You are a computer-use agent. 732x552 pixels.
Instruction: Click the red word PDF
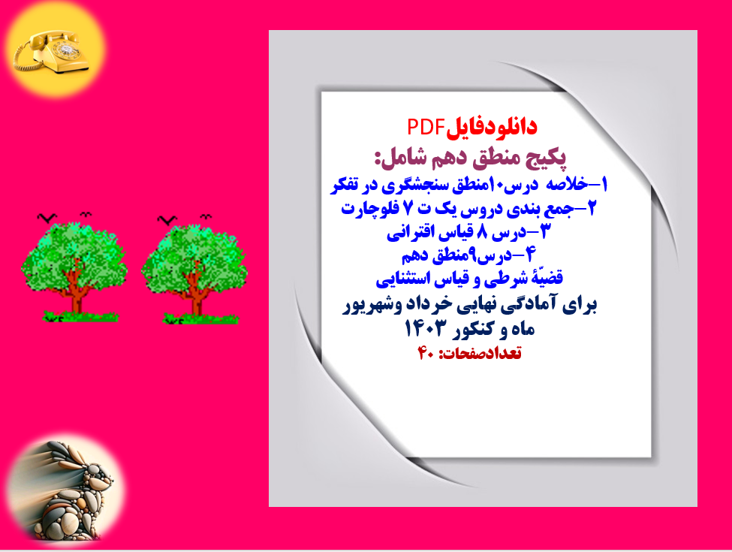(x=427, y=127)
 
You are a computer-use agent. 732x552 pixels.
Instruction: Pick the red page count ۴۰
(x=426, y=354)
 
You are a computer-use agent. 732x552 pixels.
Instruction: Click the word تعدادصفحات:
(x=479, y=354)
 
